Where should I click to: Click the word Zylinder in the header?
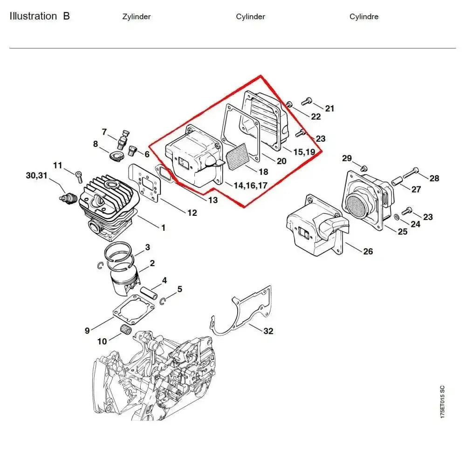tap(136, 17)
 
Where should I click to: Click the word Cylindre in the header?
tap(364, 17)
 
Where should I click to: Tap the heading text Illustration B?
tap(40, 16)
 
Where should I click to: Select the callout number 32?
tap(268, 331)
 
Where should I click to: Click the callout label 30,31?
tap(36, 176)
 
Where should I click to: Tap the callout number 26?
tap(368, 252)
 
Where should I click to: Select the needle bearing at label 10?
tap(125, 329)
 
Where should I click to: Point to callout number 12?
tap(192, 213)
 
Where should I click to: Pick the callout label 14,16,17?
tap(250, 185)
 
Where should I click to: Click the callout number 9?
tap(87, 331)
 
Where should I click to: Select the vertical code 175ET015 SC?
tap(442, 401)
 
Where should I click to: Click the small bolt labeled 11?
tap(79, 175)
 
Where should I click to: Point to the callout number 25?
tap(403, 232)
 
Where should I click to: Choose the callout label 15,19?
tap(304, 152)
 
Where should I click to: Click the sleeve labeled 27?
tap(397, 180)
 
